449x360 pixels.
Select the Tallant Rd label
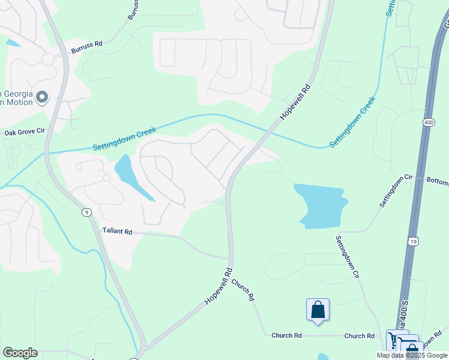point(116,230)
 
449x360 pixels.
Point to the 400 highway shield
point(428,122)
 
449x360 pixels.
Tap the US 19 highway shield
point(412,241)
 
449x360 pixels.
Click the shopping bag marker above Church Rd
point(318,310)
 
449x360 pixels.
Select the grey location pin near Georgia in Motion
point(41,97)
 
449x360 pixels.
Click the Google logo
point(20,352)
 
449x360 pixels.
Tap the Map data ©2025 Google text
point(411,355)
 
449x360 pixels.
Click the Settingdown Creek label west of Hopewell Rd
point(124,139)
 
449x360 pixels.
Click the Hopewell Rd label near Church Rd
point(218,286)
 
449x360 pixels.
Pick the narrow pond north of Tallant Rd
point(133,178)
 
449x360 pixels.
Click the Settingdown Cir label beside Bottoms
point(397,191)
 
